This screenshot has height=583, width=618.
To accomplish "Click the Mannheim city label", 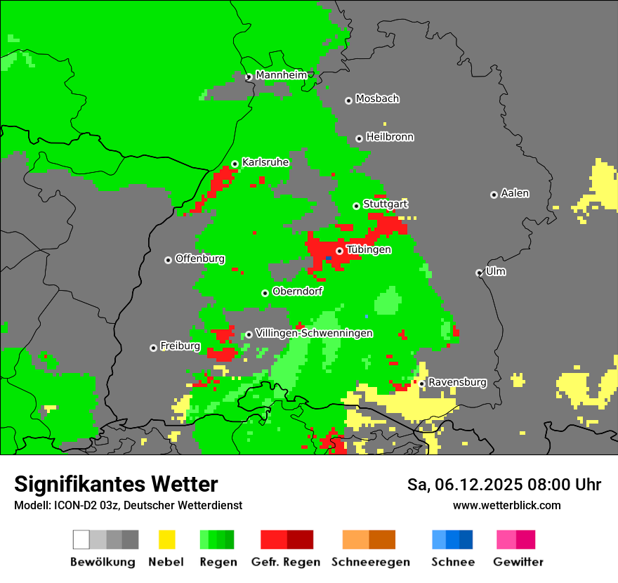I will click(x=281, y=75).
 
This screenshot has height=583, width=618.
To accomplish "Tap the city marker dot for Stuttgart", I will click(x=357, y=206).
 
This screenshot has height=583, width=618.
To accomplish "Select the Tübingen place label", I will click(x=369, y=250).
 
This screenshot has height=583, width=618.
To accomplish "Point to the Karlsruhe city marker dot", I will click(x=235, y=164).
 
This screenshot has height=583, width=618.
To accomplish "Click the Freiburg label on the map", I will click(x=180, y=346).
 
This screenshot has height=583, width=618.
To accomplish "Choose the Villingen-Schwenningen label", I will click(x=314, y=334).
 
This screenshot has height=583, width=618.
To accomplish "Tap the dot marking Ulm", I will click(x=480, y=273).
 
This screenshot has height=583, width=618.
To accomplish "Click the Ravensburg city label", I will click(x=457, y=383).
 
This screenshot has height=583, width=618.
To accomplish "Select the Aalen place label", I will click(x=515, y=193).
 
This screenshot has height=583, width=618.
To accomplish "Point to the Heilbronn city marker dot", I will click(x=359, y=138).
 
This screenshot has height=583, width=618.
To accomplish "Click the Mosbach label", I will click(x=377, y=99).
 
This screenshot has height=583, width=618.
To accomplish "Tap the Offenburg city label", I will click(x=199, y=258).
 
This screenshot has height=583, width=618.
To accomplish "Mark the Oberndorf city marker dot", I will click(x=265, y=293).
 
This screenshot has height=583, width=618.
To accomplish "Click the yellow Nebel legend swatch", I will click(x=166, y=539).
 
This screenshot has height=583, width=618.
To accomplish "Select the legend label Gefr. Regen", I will click(x=286, y=562).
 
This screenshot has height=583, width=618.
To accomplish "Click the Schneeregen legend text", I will click(x=371, y=562).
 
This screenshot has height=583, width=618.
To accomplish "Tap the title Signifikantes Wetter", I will click(x=116, y=484).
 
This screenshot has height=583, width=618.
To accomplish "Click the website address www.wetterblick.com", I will click(x=507, y=506).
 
